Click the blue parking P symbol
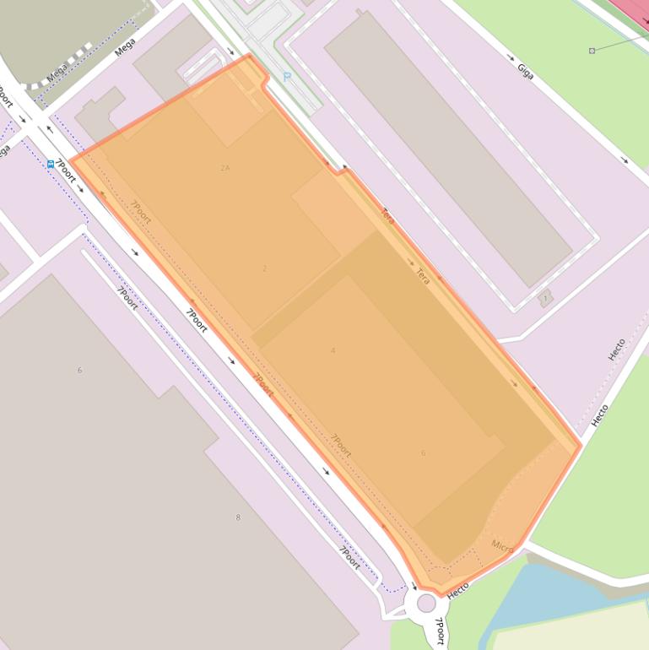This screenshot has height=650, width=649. click(x=287, y=77)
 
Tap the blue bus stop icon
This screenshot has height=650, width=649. click(x=51, y=164)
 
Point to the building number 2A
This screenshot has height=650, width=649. click(x=225, y=168)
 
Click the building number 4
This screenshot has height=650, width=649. click(x=333, y=350)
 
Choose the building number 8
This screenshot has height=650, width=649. click(x=238, y=517)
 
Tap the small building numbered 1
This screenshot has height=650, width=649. click(x=545, y=298)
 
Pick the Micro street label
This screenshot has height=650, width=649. click(x=502, y=546)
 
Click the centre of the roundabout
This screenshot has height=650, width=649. click(x=426, y=603)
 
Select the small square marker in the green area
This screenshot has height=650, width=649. click(x=592, y=51)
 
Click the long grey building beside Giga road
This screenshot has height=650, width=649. click(x=447, y=149)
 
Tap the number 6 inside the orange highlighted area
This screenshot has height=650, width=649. click(x=423, y=453)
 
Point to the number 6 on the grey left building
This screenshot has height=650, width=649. click(x=80, y=370)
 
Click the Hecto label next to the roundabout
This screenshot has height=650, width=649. click(x=457, y=591)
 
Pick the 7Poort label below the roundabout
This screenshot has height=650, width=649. click(x=439, y=631)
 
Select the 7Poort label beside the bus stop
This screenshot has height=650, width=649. click(x=66, y=171)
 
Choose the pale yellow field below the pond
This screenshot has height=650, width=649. click(x=574, y=629)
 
